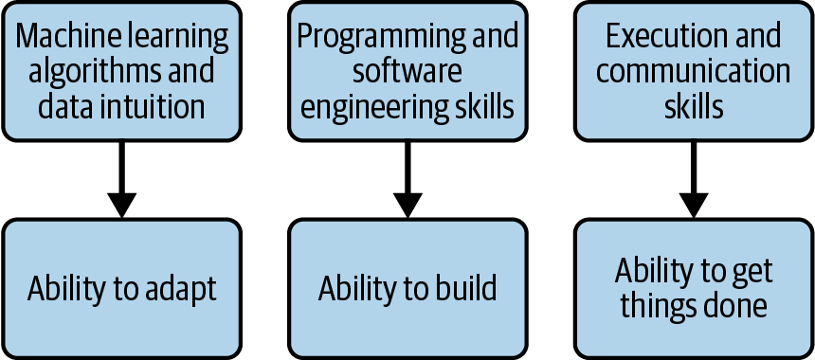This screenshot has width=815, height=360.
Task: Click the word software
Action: (407, 71)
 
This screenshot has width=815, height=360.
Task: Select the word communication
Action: (694, 71)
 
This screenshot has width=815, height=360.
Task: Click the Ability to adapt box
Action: (121, 288)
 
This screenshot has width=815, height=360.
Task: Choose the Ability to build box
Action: (407, 288)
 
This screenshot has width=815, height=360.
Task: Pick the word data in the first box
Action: (63, 105)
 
